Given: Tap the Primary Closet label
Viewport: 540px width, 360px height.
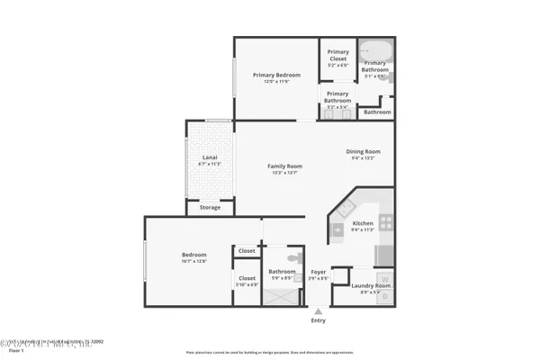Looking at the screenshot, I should coord(338,52).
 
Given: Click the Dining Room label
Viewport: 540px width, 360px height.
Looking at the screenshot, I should coord(364,151).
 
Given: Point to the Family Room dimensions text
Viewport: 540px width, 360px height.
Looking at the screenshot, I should coord(284,173).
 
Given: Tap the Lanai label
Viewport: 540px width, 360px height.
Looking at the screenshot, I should coord(209,157).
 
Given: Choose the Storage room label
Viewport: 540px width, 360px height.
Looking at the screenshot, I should coord(209,207).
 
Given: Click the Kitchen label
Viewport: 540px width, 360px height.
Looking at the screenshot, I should coord(362,223).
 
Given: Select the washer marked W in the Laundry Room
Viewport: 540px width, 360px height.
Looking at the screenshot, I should coord(384,278).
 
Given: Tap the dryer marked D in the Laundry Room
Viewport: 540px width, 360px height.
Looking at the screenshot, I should coord(384,295).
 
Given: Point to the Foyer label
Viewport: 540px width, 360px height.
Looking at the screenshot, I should coord(318,272).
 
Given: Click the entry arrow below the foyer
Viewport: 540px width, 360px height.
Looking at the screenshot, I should coord(317,311).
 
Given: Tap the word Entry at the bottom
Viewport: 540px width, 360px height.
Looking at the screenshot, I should coord(318,320).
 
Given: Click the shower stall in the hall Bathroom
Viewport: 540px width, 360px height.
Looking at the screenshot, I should coord(275,294).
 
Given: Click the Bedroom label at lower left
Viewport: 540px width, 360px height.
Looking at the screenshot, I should coord(193,256).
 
